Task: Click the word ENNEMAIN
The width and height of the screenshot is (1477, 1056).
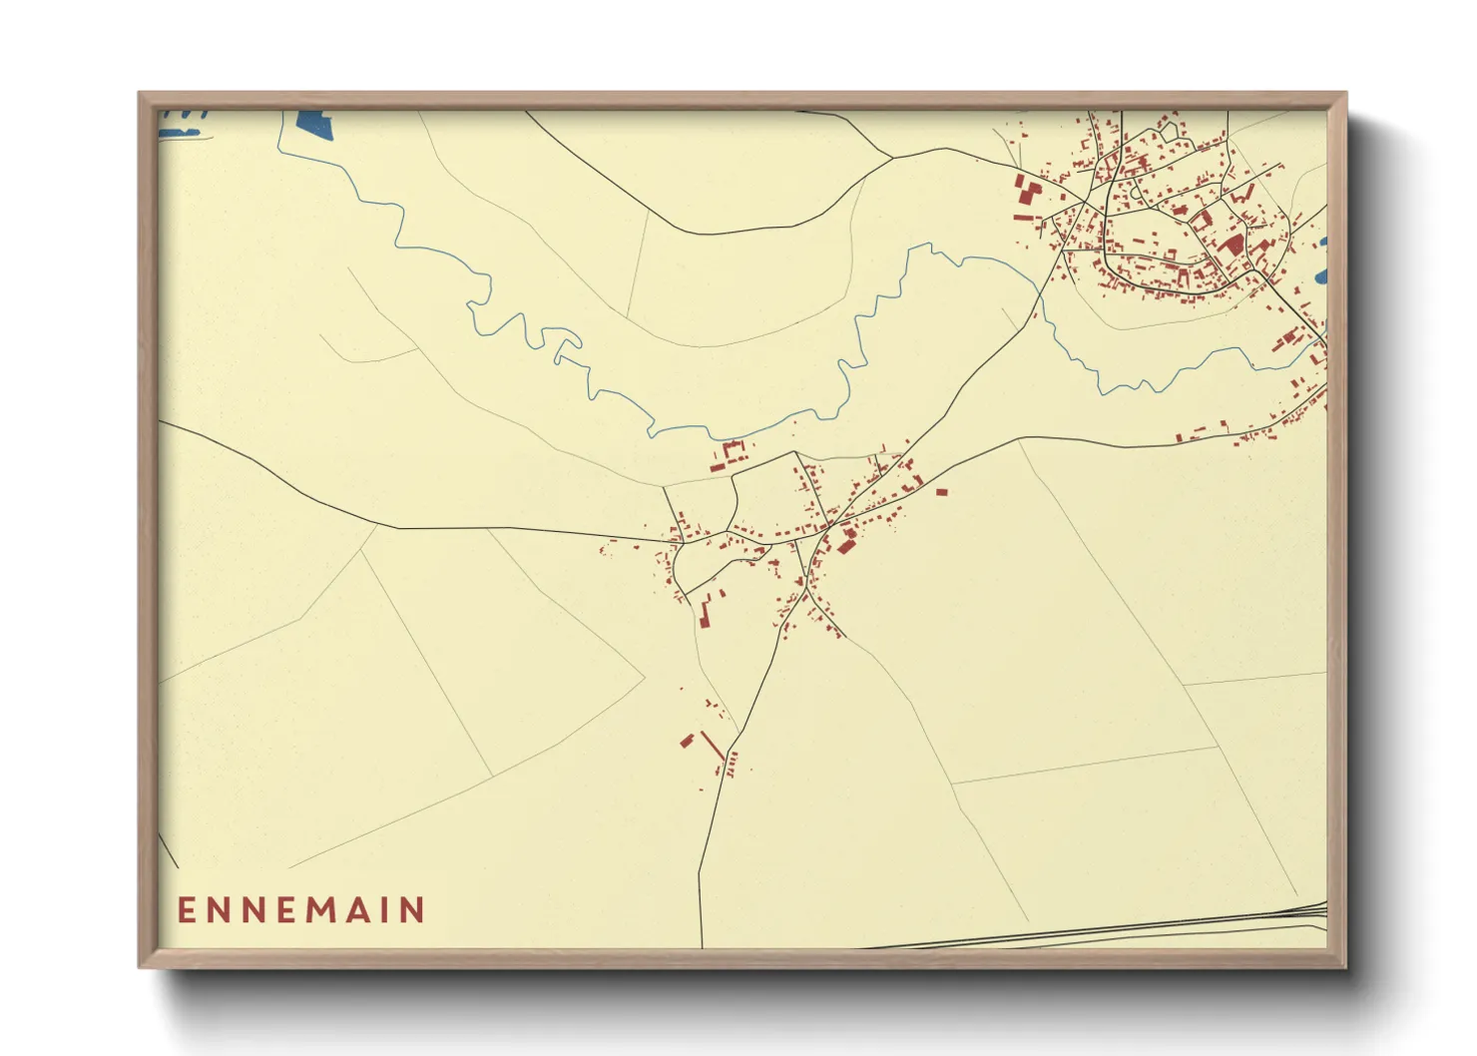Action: pos(301,910)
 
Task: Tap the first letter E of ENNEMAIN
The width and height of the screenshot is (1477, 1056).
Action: pos(187,910)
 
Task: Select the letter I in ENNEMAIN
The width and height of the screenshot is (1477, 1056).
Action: pos(388,910)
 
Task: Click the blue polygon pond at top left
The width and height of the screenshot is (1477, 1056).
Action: pos(310,125)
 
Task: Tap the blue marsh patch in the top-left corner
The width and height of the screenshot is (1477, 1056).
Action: pos(184,122)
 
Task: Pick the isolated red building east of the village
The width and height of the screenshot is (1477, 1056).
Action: pos(940,491)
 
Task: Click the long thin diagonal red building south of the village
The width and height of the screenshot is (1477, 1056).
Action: pos(712,746)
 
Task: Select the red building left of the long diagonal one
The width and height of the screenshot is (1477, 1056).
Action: pos(687,741)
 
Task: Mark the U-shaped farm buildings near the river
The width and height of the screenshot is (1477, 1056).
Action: pos(732,454)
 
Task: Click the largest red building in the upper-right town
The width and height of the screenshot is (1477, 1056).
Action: pos(1231,244)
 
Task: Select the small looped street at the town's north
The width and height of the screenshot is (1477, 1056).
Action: pos(1170,129)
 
